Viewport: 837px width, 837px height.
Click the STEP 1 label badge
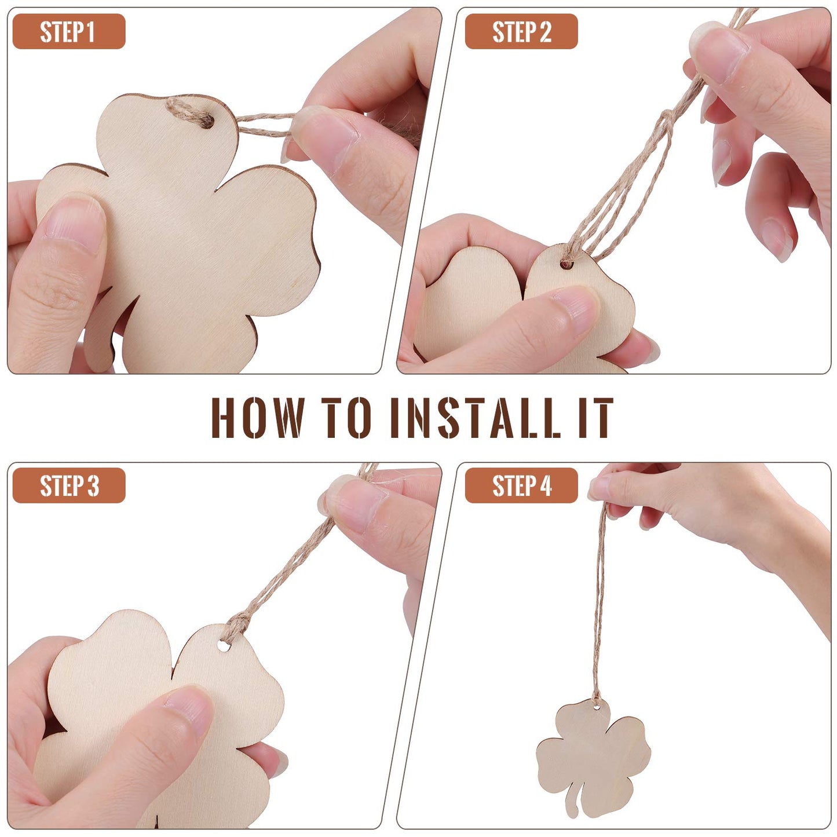tap(68, 32)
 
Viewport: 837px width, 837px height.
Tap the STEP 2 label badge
tap(521, 32)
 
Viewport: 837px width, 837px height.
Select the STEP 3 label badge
tap(68, 485)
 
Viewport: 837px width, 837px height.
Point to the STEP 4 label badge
tap(521, 485)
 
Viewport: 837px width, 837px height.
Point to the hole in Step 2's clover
tap(566, 265)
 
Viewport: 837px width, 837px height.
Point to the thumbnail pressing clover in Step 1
tap(75, 223)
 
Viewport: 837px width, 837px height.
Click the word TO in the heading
tap(346, 418)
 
